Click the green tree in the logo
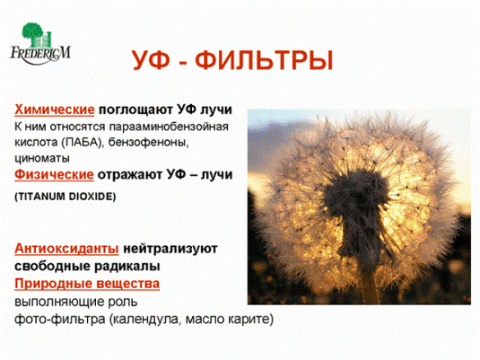[34, 33]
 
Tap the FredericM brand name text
[40, 54]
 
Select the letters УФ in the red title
[151, 60]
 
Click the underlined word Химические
[55, 110]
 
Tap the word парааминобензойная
[169, 127]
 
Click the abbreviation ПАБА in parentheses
[82, 142]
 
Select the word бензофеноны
[148, 142]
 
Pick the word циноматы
[42, 158]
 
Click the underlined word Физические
[54, 175]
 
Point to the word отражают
[130, 175]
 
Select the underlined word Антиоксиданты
[66, 249]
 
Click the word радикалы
[127, 267]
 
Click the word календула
[146, 320]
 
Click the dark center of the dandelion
[355, 202]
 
